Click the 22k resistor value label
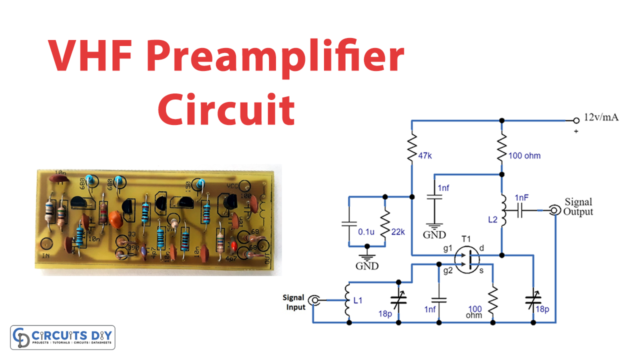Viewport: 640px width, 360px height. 397,231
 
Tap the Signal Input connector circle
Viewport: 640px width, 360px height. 314,299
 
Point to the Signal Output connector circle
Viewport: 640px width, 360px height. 553,211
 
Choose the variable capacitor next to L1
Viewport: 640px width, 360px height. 398,299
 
